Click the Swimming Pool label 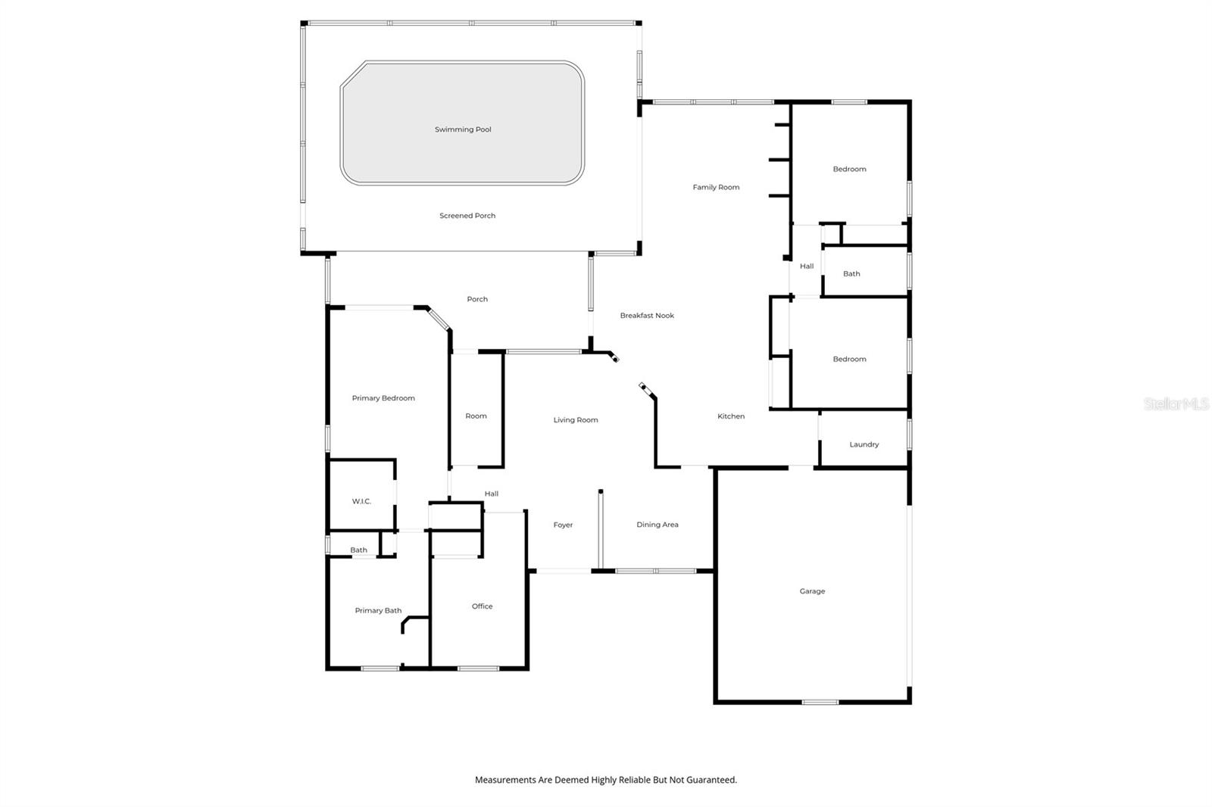pyautogui.click(x=463, y=129)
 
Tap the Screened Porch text pyautogui.click(x=467, y=216)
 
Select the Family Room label pyautogui.click(x=716, y=187)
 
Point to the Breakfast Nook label pyautogui.click(x=647, y=316)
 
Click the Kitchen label pyautogui.click(x=731, y=416)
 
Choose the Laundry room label pyautogui.click(x=864, y=444)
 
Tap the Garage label pyautogui.click(x=812, y=591)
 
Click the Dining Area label pyautogui.click(x=657, y=525)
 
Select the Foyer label pyautogui.click(x=563, y=525)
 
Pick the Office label pyautogui.click(x=482, y=606)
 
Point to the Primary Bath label pyautogui.click(x=378, y=611)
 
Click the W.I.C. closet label pyautogui.click(x=361, y=501)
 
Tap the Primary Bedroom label pyautogui.click(x=383, y=398)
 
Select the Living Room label pyautogui.click(x=576, y=420)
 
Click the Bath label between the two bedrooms pyautogui.click(x=851, y=274)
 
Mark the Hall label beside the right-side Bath pyautogui.click(x=807, y=266)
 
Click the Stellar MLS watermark pyautogui.click(x=1176, y=404)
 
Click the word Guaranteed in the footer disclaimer pyautogui.click(x=711, y=780)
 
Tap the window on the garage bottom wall pyautogui.click(x=820, y=703)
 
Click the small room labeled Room pyautogui.click(x=476, y=416)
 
